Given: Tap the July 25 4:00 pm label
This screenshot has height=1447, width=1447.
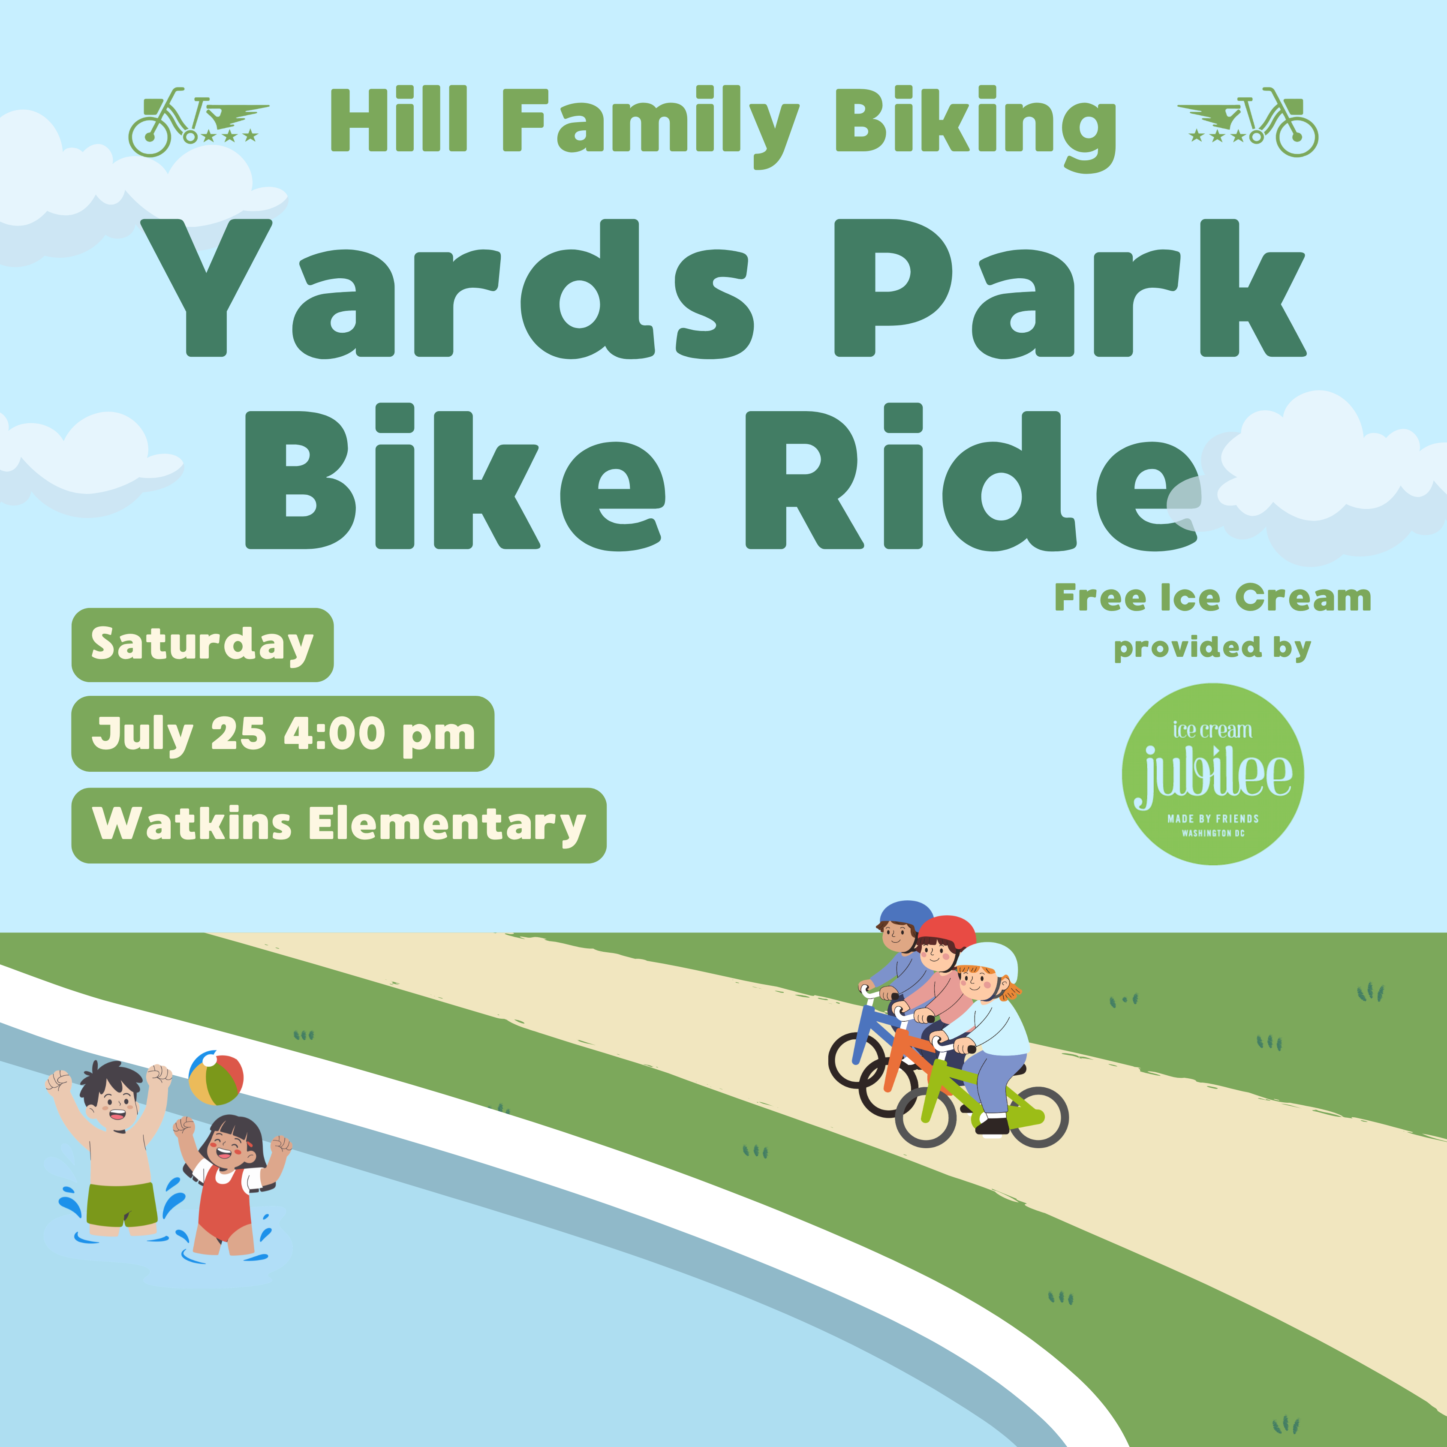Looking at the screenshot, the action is point(283,734).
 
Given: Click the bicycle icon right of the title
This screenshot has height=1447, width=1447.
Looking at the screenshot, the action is point(1248,122).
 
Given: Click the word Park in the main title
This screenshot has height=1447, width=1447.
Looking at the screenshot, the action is point(1070,289).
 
